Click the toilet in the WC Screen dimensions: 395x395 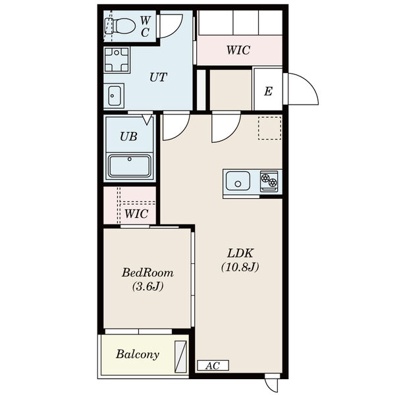tap(120, 26)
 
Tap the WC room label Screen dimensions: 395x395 tap(145, 26)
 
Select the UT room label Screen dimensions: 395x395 tap(158, 77)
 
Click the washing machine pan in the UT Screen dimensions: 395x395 tap(117, 60)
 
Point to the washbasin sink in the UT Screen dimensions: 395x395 tap(115, 95)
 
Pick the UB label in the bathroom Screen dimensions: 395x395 tap(128, 136)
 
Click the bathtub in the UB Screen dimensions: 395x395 tap(130, 167)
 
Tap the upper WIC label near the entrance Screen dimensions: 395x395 tap(238, 50)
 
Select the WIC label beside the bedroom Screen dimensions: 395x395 tap(136, 214)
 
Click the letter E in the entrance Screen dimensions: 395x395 tap(268, 92)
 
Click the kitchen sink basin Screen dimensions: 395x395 tap(238, 181)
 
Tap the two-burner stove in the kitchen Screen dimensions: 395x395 tap(269, 181)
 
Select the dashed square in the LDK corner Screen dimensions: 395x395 tap(269, 128)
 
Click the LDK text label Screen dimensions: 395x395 tap(240, 253)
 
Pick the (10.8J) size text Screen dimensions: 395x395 tap(240, 267)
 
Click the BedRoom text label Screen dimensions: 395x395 tap(147, 273)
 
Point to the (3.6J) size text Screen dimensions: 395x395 tap(148, 286)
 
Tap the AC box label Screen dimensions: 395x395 tap(213, 365)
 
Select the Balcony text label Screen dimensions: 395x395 tap(138, 355)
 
